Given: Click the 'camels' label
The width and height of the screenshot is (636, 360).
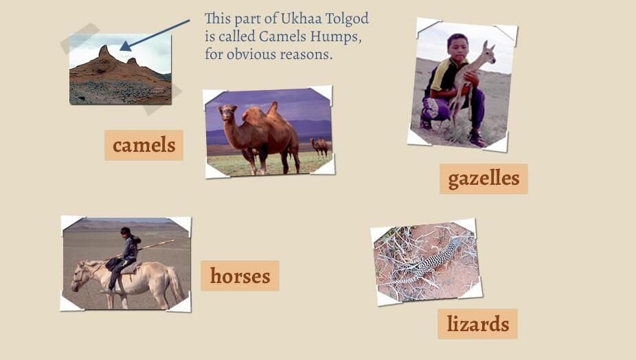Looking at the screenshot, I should (144, 145).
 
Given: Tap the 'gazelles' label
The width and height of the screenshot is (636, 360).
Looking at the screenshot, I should (484, 179).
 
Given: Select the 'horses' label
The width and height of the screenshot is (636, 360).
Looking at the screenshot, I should (240, 275).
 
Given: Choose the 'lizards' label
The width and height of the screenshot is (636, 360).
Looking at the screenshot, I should (477, 324).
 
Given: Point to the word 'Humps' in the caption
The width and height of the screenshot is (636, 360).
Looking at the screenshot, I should (337, 36).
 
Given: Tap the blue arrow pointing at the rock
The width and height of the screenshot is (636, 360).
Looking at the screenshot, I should (156, 34).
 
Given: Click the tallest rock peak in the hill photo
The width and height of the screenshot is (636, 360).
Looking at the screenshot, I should (104, 53).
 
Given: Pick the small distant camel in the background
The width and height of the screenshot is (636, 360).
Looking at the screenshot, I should (319, 145).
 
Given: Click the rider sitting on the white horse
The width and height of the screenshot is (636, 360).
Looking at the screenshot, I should (127, 251).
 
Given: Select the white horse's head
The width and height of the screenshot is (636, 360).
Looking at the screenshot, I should (82, 273).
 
